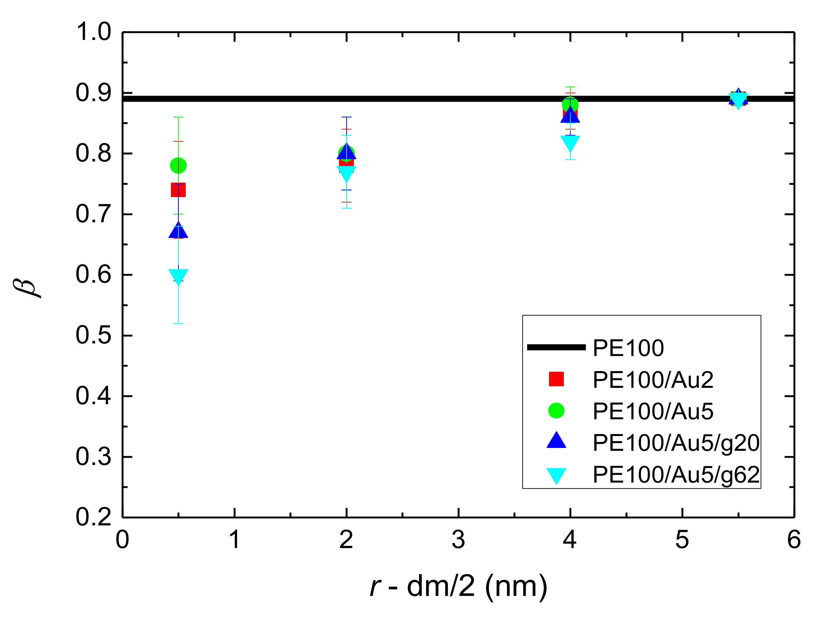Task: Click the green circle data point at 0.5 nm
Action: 178,166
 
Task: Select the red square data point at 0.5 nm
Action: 178,190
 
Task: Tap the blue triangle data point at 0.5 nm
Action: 178,231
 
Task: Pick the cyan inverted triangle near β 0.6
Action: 178,276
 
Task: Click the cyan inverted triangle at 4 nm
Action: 570,143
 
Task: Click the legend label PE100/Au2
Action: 653,380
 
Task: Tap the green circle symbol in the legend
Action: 556,410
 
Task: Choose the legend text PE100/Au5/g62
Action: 676,474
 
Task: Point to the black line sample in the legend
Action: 556,348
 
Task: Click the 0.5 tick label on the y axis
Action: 93,336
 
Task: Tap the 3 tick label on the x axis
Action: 458,540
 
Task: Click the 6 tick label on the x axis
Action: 794,540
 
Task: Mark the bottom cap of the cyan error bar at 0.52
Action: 178,323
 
